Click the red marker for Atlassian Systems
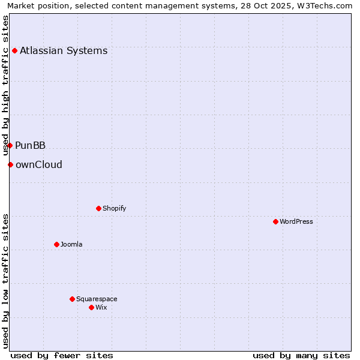pos(14,50)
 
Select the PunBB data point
pos(10,145)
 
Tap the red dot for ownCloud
pos(10,164)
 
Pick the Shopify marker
pos(98,208)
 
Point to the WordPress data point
pos(275,221)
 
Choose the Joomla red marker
pos(56,244)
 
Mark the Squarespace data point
pos(72,299)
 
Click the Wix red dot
pos(91,307)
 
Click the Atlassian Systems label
pos(64,50)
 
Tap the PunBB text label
pos(31,145)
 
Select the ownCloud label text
pos(39,164)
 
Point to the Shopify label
pos(114,208)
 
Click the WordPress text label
pos(296,221)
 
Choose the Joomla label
pos(71,244)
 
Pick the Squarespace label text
pos(97,299)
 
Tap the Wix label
pos(101,307)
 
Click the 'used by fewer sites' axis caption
pos(62,355)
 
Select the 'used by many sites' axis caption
pos(301,355)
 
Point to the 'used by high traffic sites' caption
pos(6,85)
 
